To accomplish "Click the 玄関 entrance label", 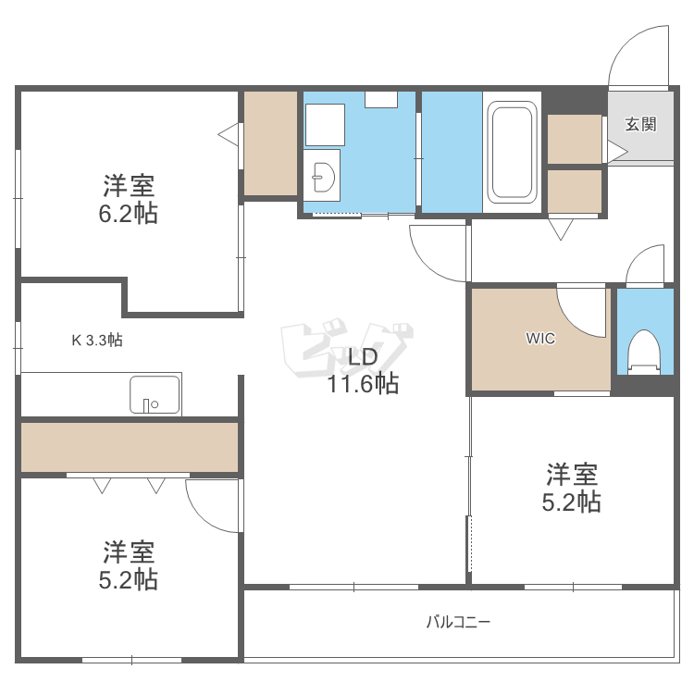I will click(640, 125).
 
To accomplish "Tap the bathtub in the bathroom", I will click(511, 152).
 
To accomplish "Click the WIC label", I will click(540, 339).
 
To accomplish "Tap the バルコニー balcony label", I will click(458, 622).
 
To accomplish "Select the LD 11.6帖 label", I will click(361, 371).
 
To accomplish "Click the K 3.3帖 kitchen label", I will click(97, 340).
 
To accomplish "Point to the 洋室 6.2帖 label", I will click(129, 200).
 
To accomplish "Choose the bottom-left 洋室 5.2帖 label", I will click(129, 566).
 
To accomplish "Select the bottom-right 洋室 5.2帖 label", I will click(571, 489).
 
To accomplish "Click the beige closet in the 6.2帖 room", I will click(270, 143).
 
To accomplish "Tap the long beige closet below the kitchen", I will click(130, 447).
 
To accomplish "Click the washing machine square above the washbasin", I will click(325, 125).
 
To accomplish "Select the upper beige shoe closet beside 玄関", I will click(575, 139).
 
